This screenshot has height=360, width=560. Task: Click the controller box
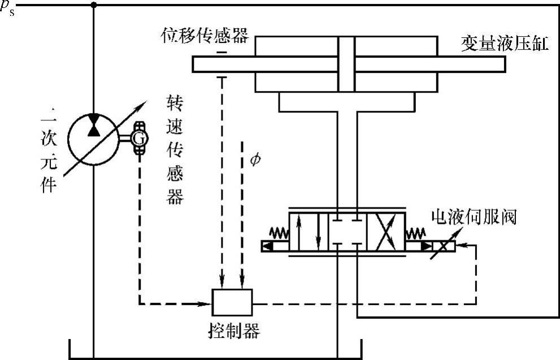232,302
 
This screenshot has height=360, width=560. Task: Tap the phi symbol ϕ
255,161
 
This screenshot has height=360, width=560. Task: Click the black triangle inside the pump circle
93,128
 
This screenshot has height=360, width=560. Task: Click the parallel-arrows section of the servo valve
309,232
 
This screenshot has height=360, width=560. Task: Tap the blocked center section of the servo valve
347,232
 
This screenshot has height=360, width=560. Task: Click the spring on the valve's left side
279,231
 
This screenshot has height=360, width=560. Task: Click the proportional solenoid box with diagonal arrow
443,246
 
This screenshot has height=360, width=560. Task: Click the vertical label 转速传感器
175,150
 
